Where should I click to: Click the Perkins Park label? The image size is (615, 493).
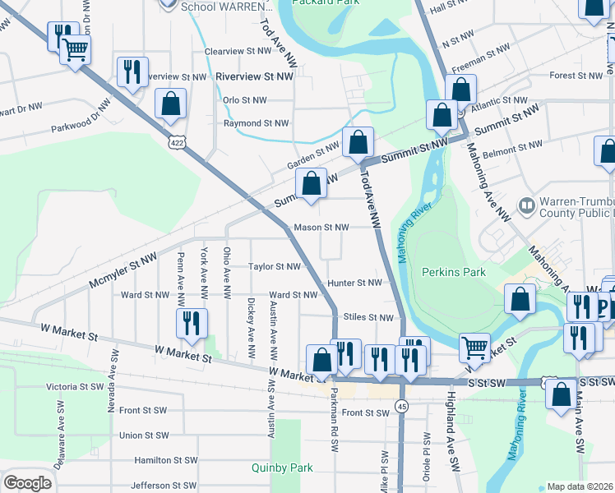(453, 272)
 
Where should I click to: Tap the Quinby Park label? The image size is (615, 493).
(283, 468)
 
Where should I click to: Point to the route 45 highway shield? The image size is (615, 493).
(401, 406)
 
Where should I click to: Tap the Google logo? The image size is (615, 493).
(27, 482)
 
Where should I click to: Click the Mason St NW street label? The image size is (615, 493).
(321, 227)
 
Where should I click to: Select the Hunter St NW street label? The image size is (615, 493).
(354, 283)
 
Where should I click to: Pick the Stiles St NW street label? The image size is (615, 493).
(369, 317)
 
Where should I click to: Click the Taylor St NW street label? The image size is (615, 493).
(275, 266)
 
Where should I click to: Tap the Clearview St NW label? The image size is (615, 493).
(238, 51)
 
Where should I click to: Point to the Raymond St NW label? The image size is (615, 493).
(257, 123)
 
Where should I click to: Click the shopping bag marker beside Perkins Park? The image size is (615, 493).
(520, 300)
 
